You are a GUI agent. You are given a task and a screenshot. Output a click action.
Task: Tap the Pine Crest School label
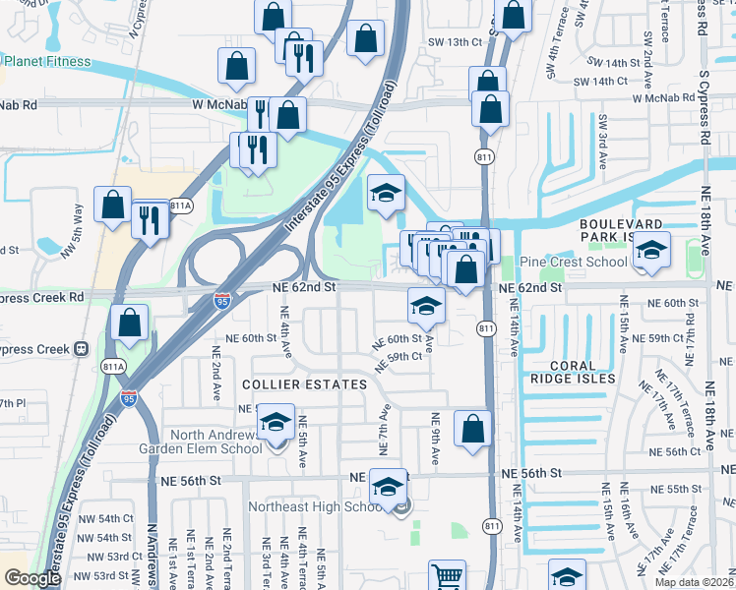[x=572, y=262]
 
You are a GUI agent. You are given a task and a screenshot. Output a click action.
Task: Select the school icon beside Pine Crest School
[x=650, y=252]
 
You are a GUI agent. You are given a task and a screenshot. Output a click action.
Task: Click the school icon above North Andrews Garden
[x=276, y=423]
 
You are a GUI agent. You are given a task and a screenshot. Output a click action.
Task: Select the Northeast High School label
[x=319, y=506]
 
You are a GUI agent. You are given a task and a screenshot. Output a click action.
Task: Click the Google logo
[x=32, y=578]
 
